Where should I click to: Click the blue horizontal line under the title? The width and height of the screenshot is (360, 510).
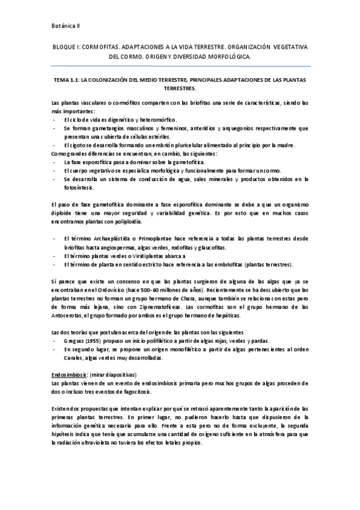coord(180,66)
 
